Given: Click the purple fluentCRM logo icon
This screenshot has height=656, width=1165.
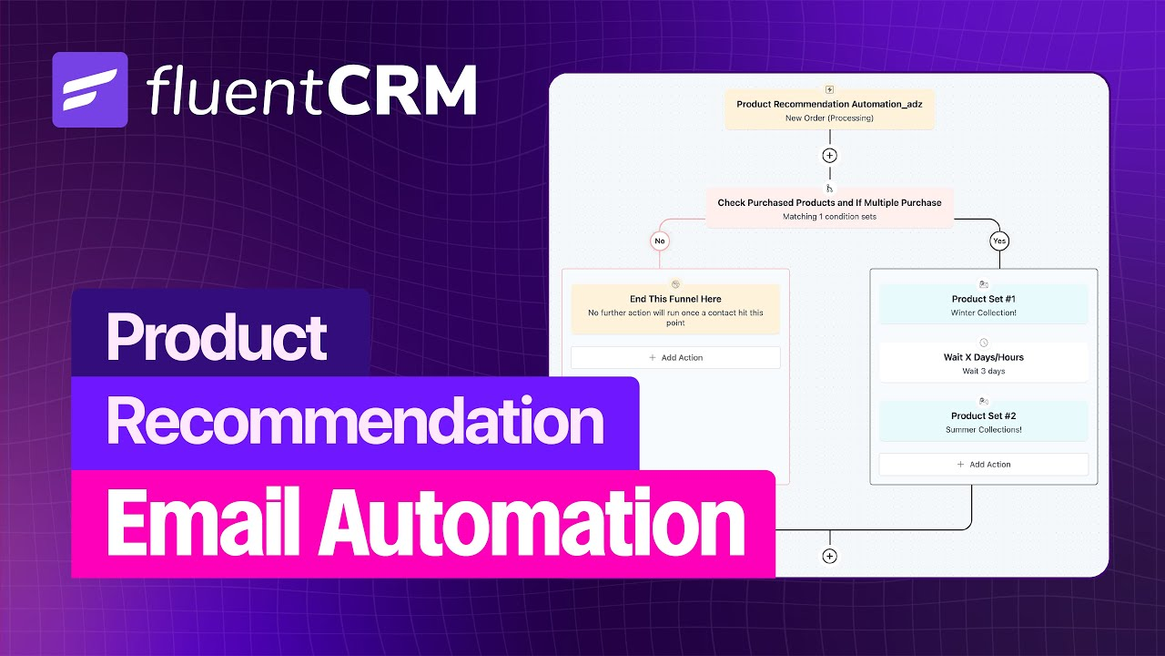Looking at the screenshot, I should [x=89, y=89].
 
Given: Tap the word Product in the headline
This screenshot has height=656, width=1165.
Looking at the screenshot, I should [x=217, y=336].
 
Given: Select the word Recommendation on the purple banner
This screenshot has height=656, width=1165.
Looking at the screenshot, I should [x=355, y=422].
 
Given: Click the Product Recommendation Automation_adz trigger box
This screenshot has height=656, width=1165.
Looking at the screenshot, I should [x=829, y=110].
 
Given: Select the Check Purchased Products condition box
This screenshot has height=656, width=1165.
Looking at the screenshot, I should [x=829, y=209].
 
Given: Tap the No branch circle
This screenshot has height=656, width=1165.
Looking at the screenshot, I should [x=661, y=241].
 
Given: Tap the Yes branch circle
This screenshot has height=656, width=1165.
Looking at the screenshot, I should [x=999, y=241].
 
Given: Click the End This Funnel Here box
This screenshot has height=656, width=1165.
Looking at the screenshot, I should [x=675, y=308].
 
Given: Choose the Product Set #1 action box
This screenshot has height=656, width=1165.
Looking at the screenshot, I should [x=983, y=304].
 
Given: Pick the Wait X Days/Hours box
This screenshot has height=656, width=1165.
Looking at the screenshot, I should [x=983, y=363].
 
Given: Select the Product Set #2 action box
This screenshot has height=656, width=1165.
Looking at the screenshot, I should [x=983, y=421].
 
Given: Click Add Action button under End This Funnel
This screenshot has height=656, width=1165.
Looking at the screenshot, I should [x=675, y=357].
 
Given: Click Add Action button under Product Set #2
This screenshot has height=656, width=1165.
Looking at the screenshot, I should [x=983, y=464].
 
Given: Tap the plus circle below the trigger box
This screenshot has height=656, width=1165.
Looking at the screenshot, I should [x=829, y=155].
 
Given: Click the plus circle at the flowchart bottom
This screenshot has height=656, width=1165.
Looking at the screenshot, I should [x=829, y=556].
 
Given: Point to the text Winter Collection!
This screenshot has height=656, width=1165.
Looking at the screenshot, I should [x=983, y=313].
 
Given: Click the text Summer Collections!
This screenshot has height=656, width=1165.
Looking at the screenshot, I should [x=983, y=429].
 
